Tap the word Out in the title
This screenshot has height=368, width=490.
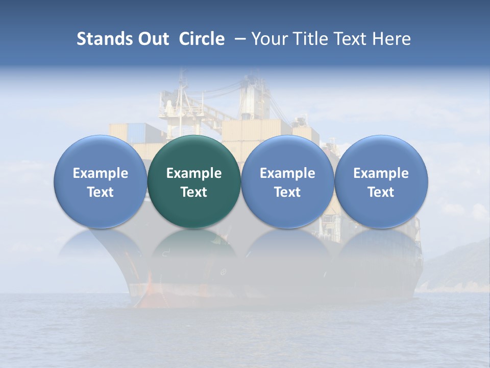[153, 39]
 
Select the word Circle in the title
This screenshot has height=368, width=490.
[202, 39]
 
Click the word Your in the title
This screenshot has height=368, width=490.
[267, 39]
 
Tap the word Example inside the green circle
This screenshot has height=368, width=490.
[194, 173]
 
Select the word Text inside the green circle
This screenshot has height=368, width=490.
[194, 192]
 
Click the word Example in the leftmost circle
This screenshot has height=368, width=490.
[101, 173]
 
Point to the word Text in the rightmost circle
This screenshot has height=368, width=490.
[381, 192]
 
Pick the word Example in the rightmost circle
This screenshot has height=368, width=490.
[381, 173]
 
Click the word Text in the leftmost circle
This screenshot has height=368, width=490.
[101, 192]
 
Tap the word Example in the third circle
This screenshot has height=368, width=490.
[287, 173]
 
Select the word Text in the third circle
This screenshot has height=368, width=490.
[287, 192]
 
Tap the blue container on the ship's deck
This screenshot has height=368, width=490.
[137, 133]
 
